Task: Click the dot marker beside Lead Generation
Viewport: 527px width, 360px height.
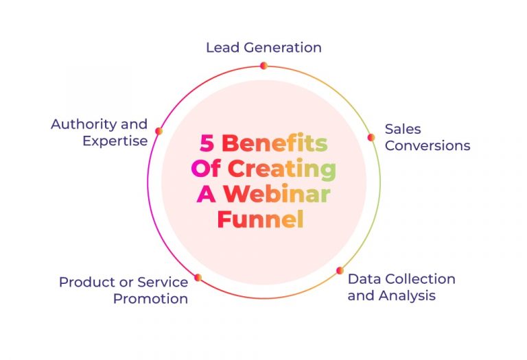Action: pyautogui.click(x=263, y=66)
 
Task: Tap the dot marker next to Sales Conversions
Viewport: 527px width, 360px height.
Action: pyautogui.click(x=371, y=137)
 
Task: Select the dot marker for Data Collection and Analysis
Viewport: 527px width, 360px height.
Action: pyautogui.click(x=339, y=271)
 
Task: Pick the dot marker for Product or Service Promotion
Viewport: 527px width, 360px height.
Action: pyautogui.click(x=198, y=278)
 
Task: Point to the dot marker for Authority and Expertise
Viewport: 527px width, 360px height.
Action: pyautogui.click(x=159, y=131)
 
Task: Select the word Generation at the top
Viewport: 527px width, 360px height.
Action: pyautogui.click(x=281, y=48)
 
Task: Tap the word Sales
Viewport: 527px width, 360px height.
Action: pyautogui.click(x=403, y=129)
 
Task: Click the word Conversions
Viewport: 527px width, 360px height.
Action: pyautogui.click(x=427, y=145)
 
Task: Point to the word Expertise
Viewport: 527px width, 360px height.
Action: pyautogui.click(x=115, y=141)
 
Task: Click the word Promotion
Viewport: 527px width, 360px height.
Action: pyautogui.click(x=150, y=298)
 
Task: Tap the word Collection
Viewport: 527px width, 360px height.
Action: pyautogui.click(x=420, y=279)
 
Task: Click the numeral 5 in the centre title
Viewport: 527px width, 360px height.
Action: pyautogui.click(x=207, y=143)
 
